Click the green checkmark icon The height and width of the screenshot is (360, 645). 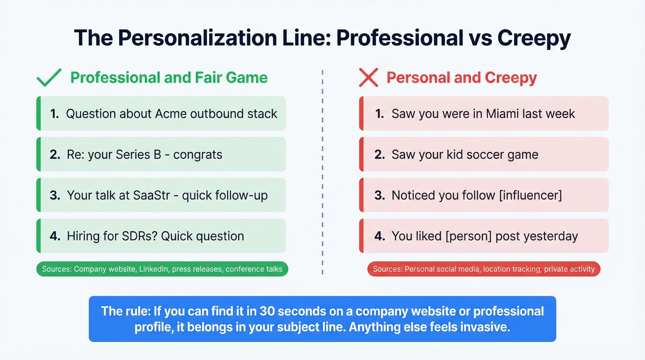coord(48,77)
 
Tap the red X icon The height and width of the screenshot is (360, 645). coord(368,77)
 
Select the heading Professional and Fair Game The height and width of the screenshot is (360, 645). coord(169,77)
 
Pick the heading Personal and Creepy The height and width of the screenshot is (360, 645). coord(462,77)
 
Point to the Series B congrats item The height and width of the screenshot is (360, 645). coord(161,154)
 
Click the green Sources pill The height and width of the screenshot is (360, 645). coord(162,269)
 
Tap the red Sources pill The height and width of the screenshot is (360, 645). coord(484,269)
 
